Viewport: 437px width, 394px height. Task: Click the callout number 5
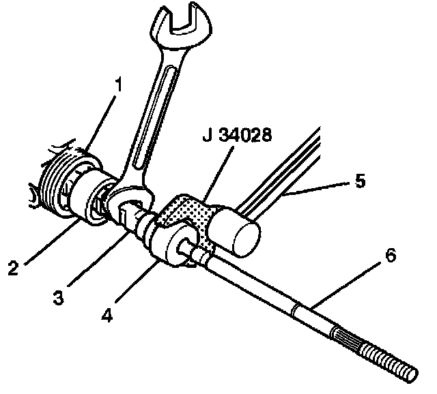click(359, 181)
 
